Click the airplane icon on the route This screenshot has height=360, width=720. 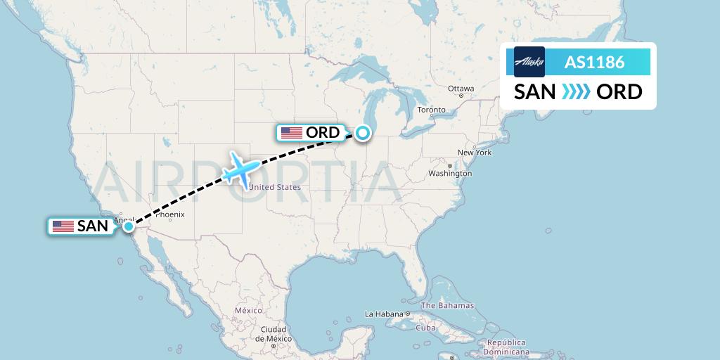coord(241,169)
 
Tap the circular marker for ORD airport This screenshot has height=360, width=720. coord(363,132)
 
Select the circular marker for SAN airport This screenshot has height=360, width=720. coord(129,226)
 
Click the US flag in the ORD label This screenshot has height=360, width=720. coord(291,132)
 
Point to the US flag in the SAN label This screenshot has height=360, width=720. coord(63,226)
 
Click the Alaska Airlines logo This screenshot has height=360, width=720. coord(529,62)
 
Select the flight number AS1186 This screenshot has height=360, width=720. coord(594,62)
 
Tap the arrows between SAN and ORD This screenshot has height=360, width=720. coord(577,91)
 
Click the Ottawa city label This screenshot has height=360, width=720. coord(461,89)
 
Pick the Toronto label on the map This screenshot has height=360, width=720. coord(431,110)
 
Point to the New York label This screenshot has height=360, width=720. coord(474,153)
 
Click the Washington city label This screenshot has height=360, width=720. coord(450,173)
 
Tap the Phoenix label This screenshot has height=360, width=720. coord(169,214)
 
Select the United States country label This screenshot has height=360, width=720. coord(276,187)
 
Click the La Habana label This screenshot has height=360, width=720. coord(383,314)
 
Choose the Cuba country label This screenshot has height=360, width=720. coord(427,328)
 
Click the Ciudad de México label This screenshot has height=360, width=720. coord(273,333)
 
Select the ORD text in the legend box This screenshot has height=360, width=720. coord(619,91)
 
